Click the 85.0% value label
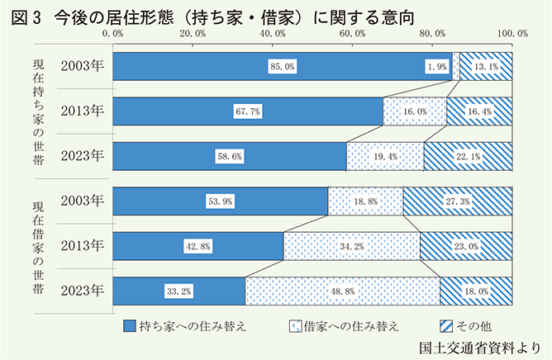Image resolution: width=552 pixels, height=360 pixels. (282, 67)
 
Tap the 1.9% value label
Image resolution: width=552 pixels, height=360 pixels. (438, 67)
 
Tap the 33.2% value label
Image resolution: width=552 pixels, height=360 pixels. (178, 291)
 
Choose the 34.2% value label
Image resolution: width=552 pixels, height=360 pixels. (352, 246)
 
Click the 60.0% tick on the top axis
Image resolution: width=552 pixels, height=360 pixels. (353, 33)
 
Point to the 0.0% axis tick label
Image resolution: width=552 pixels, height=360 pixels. (112, 33)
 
